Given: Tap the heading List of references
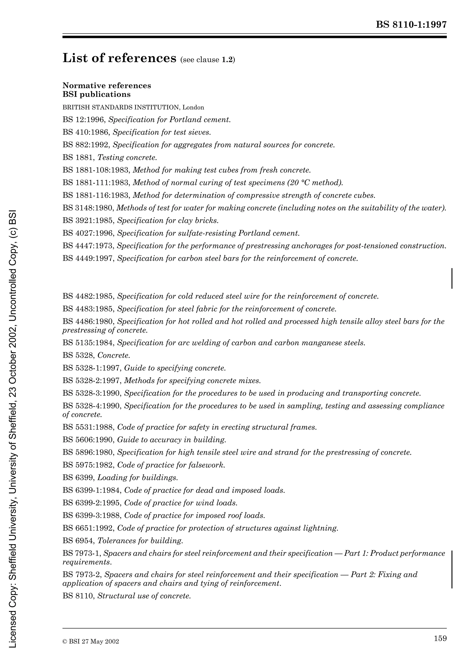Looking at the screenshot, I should [x=119, y=58].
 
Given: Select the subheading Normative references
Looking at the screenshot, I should [x=107, y=86].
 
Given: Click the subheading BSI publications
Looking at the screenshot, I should [x=96, y=94].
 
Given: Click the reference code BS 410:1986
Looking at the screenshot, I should [x=86, y=132].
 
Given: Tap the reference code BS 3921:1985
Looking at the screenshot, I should [x=88, y=221].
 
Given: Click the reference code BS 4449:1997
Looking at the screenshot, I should [x=88, y=258].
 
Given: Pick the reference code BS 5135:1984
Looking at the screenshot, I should [x=88, y=343].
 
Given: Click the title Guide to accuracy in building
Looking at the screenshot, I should [x=171, y=440].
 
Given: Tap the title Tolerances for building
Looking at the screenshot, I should [x=140, y=541].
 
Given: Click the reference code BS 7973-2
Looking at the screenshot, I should [x=82, y=575].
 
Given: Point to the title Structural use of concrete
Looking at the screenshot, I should [x=144, y=596].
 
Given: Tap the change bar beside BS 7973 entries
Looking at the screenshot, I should [x=452, y=569].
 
